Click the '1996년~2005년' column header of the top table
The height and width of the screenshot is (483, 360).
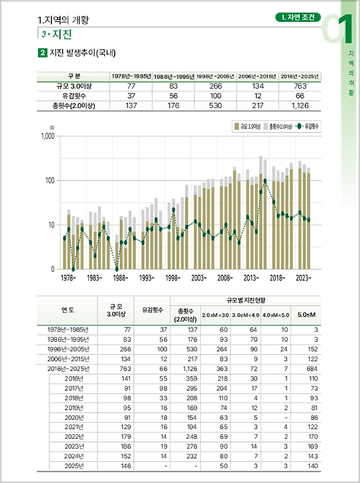(216, 76)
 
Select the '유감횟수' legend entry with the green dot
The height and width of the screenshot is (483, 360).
(312, 126)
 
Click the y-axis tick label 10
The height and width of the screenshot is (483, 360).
(51, 225)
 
